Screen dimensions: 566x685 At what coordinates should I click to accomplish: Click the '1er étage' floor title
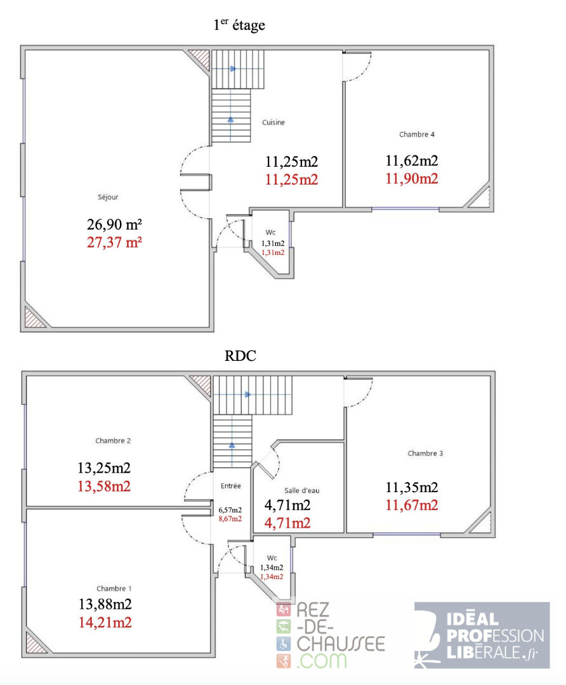tap(239, 25)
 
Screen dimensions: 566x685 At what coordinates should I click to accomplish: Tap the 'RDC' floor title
tap(240, 356)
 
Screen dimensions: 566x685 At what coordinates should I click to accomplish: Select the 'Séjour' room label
tap(108, 197)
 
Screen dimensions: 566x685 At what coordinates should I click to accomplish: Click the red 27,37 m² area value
tap(114, 242)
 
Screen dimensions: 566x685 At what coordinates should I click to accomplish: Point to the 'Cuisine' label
tap(273, 122)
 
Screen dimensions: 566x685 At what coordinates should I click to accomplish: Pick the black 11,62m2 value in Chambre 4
tap(412, 160)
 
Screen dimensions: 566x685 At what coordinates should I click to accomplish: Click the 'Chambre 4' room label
tap(416, 134)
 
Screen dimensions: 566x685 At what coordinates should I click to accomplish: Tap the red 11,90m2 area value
tap(412, 179)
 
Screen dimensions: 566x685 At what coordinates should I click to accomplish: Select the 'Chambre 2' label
tap(113, 440)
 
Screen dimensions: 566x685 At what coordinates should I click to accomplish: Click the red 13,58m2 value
tap(104, 486)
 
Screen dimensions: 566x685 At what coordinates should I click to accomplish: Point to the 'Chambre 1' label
tap(114, 589)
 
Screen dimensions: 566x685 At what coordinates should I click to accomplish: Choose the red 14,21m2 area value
tap(105, 622)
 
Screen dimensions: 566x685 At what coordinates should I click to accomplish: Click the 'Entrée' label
tap(231, 486)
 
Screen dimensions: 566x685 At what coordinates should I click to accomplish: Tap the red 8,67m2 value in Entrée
tap(230, 519)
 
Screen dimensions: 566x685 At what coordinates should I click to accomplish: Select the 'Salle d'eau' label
tap(301, 490)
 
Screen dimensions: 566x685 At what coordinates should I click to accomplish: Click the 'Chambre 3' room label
tap(425, 453)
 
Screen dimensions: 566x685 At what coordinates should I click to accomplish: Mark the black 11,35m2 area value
tap(412, 487)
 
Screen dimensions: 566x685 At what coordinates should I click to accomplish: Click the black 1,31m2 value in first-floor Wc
tap(273, 244)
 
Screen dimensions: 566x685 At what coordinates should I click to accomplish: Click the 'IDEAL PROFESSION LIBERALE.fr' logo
tap(482, 635)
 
